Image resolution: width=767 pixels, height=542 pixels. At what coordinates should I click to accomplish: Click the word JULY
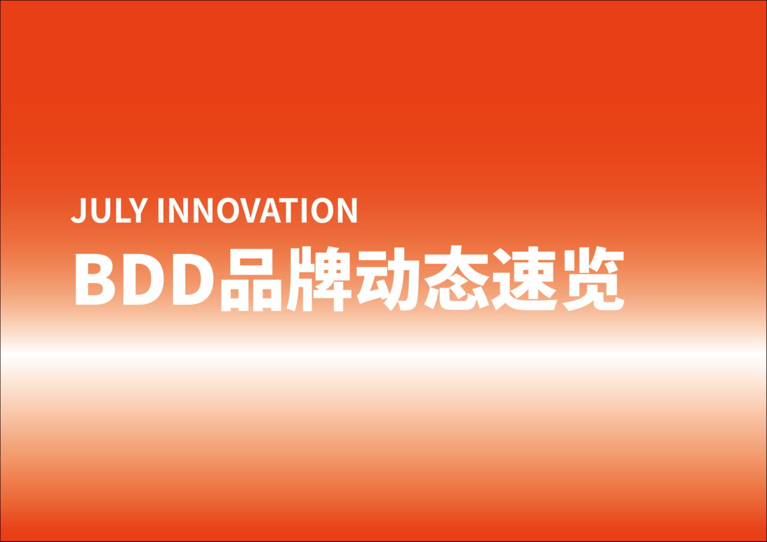click(109, 210)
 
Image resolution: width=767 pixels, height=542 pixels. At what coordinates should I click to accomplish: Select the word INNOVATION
click(258, 210)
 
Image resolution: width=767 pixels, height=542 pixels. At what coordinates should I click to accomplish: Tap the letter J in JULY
click(78, 210)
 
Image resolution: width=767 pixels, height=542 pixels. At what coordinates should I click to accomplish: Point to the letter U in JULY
click(100, 210)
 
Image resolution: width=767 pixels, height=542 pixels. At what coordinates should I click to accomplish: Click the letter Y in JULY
click(138, 210)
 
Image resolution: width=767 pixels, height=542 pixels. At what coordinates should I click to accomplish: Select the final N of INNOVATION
click(348, 210)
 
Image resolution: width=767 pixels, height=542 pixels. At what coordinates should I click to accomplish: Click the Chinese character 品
click(251, 279)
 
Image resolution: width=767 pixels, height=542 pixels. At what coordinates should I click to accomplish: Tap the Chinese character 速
click(524, 279)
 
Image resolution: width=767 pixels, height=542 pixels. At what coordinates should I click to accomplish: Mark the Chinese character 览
click(593, 279)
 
